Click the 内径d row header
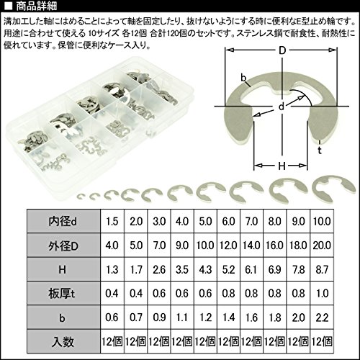click(x=63, y=221)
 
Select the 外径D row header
click(x=63, y=246)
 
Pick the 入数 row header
click(x=63, y=341)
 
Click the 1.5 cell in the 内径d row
click(x=112, y=221)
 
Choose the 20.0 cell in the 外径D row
click(x=322, y=246)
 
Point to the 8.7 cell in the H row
click(x=322, y=269)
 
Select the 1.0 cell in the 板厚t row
click(x=322, y=293)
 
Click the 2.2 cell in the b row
click(x=322, y=318)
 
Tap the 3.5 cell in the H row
click(x=182, y=269)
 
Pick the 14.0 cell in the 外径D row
click(x=251, y=246)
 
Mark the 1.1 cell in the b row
click(x=182, y=318)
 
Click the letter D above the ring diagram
click(x=282, y=50)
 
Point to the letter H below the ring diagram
click(x=282, y=166)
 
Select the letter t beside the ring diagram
click(x=320, y=150)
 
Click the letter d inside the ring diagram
click(x=282, y=106)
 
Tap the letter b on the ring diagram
click(x=243, y=77)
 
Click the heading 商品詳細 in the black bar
click(x=37, y=6)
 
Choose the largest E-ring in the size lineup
click(x=333, y=188)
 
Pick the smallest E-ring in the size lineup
click(x=81, y=197)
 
